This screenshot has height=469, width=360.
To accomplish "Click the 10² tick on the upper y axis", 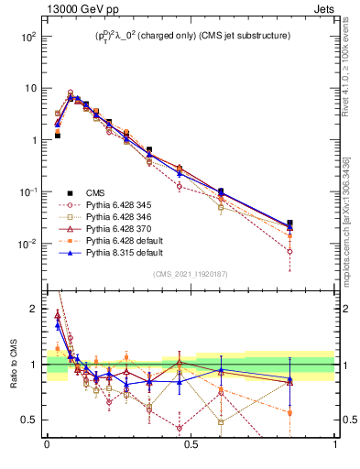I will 28,37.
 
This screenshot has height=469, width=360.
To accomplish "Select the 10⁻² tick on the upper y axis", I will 27,244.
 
